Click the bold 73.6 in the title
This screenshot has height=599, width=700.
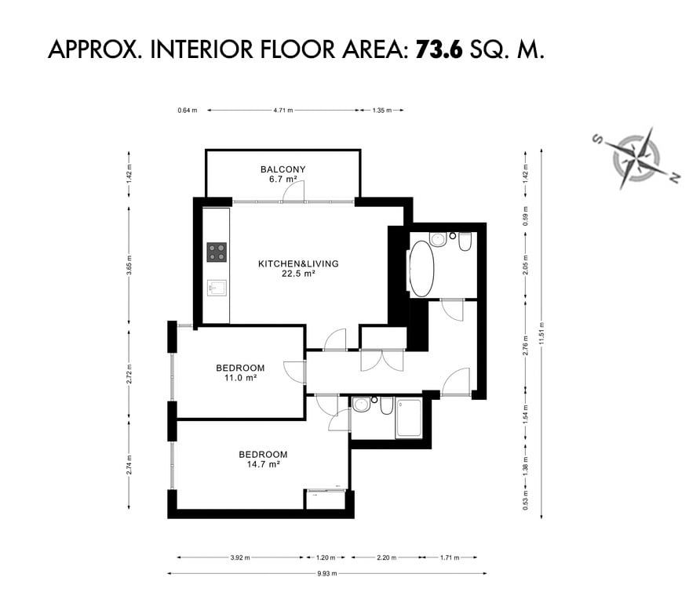[x=439, y=49]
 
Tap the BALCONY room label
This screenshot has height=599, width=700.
[x=283, y=169]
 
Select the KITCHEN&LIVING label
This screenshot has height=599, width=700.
[x=298, y=263]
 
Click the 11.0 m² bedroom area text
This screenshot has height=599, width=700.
[x=240, y=378]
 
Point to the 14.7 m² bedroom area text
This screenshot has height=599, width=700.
[x=264, y=464]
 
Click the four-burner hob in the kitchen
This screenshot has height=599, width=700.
[x=217, y=252]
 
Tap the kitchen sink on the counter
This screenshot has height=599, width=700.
[x=217, y=288]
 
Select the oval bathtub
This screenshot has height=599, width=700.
[x=421, y=269]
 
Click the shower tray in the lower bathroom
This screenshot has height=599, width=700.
[x=408, y=419]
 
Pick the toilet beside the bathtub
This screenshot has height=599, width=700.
[x=465, y=241]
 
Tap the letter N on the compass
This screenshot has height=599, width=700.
[x=675, y=177]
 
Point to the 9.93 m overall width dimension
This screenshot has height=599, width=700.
[x=326, y=574]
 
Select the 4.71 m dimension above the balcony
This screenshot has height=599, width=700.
[x=283, y=111]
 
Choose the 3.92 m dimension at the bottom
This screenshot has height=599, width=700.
[x=240, y=557]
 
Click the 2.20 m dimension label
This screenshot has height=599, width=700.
[x=387, y=557]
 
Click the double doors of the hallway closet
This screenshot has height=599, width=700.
[x=382, y=361]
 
